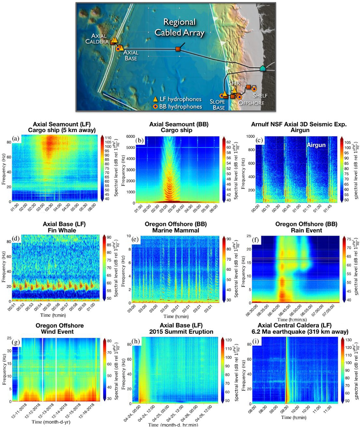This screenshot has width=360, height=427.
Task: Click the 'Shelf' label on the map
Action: click(x=261, y=96)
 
